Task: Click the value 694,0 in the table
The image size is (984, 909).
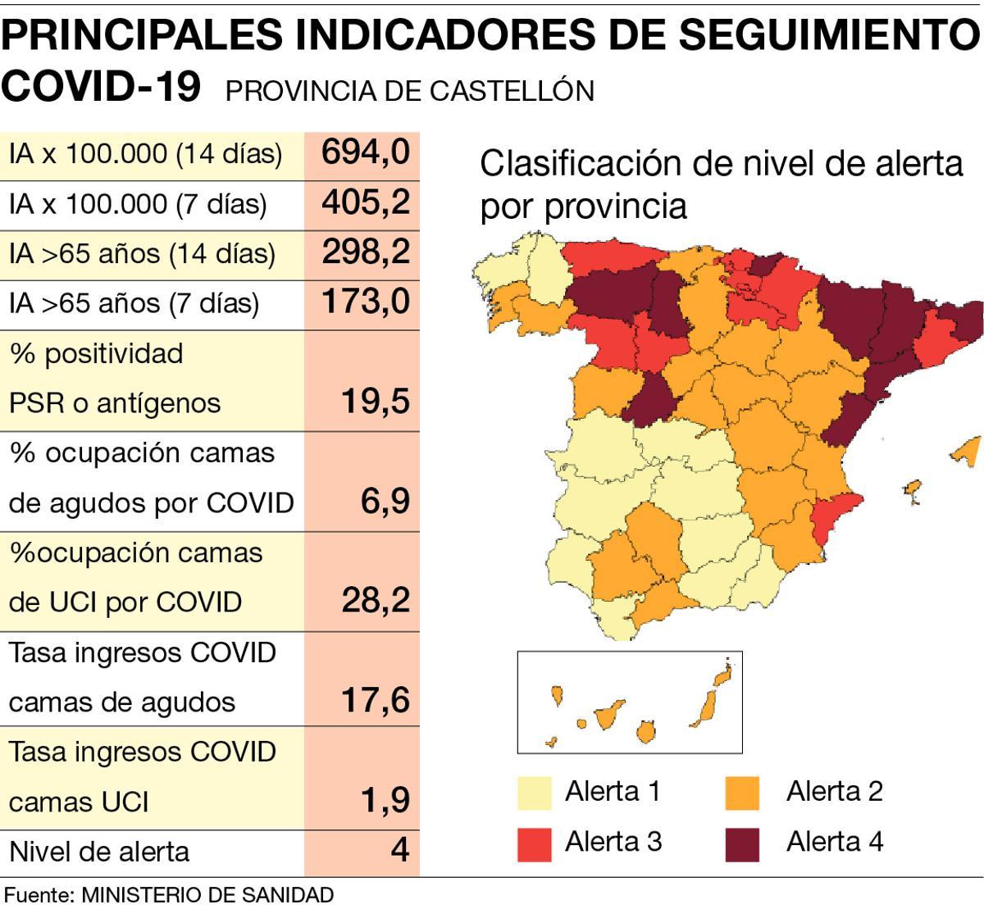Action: [365, 152]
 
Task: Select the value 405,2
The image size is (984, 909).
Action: [365, 202]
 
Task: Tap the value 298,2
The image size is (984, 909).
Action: [365, 252]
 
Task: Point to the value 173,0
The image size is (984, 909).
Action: [365, 302]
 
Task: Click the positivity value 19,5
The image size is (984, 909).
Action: [375, 402]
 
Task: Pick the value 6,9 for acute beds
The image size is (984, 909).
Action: [385, 501]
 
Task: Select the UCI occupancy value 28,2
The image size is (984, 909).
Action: [375, 601]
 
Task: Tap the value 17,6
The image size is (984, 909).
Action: [375, 701]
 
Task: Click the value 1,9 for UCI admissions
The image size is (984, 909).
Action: [385, 800]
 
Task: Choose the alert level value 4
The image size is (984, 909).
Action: [399, 850]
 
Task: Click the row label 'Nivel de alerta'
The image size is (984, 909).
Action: [99, 852]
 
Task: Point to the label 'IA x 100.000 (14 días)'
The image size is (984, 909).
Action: [145, 153]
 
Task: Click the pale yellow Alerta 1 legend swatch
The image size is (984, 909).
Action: [534, 793]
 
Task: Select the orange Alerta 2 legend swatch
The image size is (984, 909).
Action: [743, 793]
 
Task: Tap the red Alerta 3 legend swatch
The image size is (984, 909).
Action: [534, 844]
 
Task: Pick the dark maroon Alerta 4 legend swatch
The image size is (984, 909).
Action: [743, 844]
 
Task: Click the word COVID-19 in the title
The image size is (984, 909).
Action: [102, 85]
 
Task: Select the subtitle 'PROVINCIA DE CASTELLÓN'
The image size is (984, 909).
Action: [409, 90]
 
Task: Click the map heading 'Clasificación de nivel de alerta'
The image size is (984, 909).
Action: [721, 164]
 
